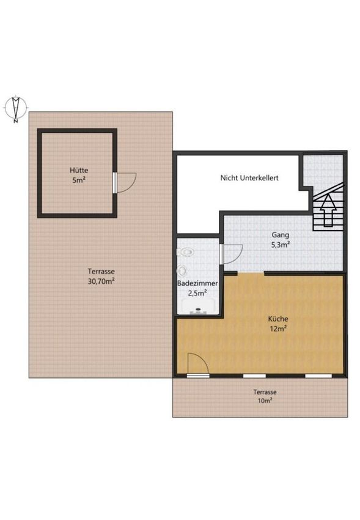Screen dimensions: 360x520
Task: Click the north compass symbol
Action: click(15, 108)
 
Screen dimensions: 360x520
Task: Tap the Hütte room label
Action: click(79, 171)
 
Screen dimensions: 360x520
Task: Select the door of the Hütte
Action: click(125, 182)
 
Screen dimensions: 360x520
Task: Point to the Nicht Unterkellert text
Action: click(249, 178)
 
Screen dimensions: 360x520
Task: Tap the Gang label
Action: click(280, 235)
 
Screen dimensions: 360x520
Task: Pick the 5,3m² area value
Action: click(281, 245)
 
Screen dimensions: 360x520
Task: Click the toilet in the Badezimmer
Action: click(185, 253)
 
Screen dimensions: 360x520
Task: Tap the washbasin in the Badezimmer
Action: click(182, 271)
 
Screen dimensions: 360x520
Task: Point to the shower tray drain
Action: click(199, 310)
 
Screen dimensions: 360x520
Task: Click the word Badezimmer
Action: click(197, 283)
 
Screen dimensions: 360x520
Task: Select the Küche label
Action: click(278, 319)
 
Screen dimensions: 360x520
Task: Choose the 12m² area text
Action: click(278, 329)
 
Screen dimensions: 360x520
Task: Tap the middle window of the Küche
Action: click(254, 376)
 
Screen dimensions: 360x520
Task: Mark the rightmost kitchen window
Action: click(318, 376)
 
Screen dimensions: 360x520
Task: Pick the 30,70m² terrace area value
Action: click(101, 281)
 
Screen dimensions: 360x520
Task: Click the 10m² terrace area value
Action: click(265, 401)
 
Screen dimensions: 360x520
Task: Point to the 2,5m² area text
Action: click(197, 293)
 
